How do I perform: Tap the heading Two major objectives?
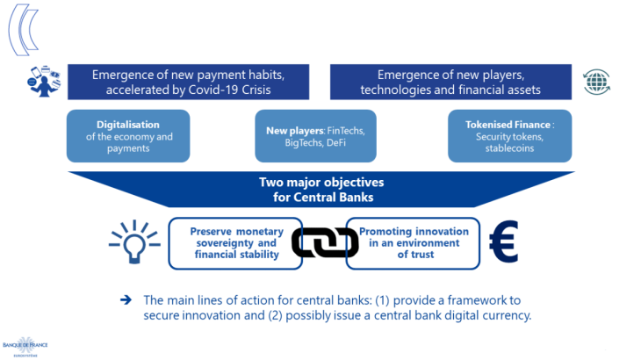(320, 183)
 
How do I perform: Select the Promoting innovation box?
(413, 243)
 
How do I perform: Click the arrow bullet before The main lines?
(126, 299)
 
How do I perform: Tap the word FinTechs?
(344, 131)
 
